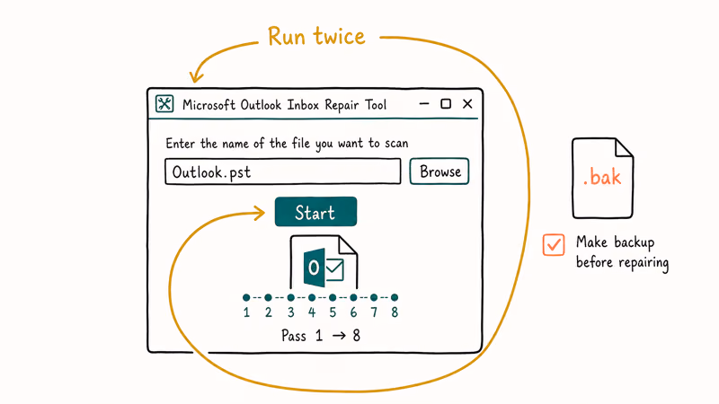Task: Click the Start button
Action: pyautogui.click(x=315, y=212)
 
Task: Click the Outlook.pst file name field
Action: pyautogui.click(x=282, y=171)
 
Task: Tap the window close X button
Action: pyautogui.click(x=467, y=104)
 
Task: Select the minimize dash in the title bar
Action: pyautogui.click(x=424, y=104)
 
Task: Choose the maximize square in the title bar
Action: pyautogui.click(x=446, y=104)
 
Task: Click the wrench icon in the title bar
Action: pyautogui.click(x=164, y=103)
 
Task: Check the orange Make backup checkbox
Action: pyautogui.click(x=554, y=244)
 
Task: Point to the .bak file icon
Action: pyautogui.click(x=602, y=178)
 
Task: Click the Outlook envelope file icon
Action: pyautogui.click(x=324, y=262)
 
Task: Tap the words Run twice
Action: pyautogui.click(x=316, y=37)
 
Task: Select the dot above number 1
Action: pyautogui.click(x=246, y=298)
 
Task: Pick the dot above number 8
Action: pyautogui.click(x=395, y=298)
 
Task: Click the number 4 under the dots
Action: pyautogui.click(x=312, y=312)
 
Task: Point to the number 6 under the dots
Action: pyautogui.click(x=353, y=312)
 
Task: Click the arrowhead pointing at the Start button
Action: pyautogui.click(x=260, y=213)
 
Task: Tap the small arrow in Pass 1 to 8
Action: pyautogui.click(x=339, y=336)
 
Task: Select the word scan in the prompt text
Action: pyautogui.click(x=396, y=144)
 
